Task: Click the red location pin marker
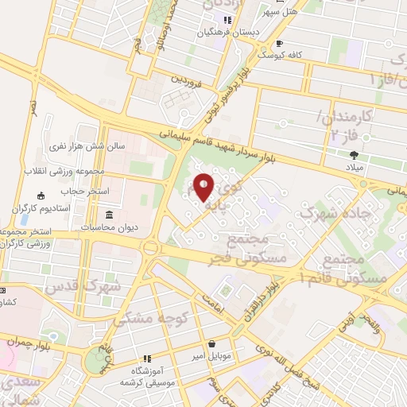point(203,187)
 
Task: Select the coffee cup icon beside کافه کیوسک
point(279,44)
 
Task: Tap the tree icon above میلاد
point(354,155)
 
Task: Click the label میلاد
point(354,169)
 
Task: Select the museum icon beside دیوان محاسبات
point(109,215)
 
